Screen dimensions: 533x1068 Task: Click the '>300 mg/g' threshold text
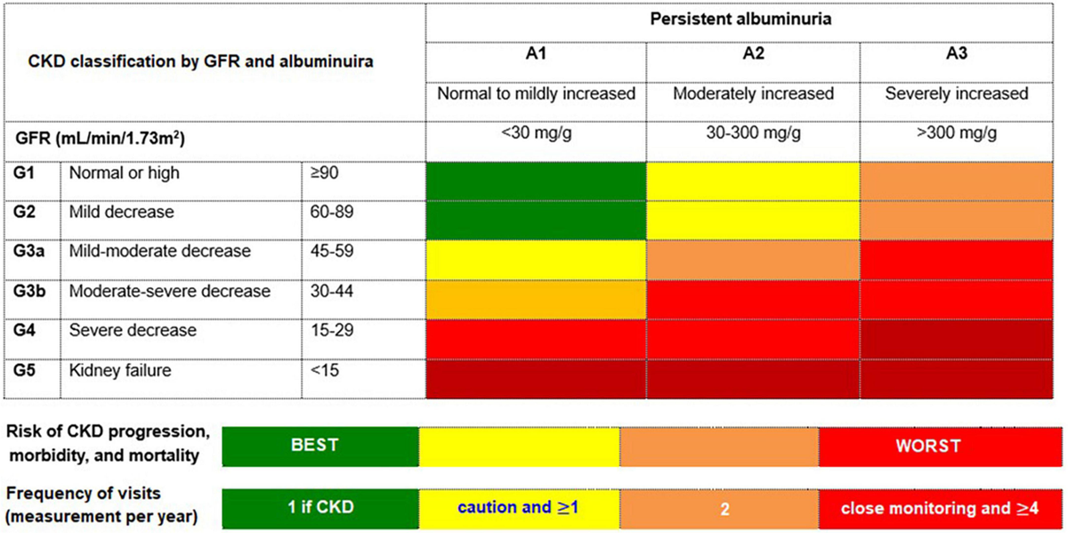click(956, 134)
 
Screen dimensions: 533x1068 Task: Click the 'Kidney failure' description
click(120, 369)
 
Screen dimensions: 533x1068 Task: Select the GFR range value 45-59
click(331, 252)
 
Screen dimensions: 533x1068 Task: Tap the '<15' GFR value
click(323, 369)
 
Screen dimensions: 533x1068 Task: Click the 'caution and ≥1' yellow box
click(519, 509)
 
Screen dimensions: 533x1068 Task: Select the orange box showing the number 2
click(718, 509)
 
